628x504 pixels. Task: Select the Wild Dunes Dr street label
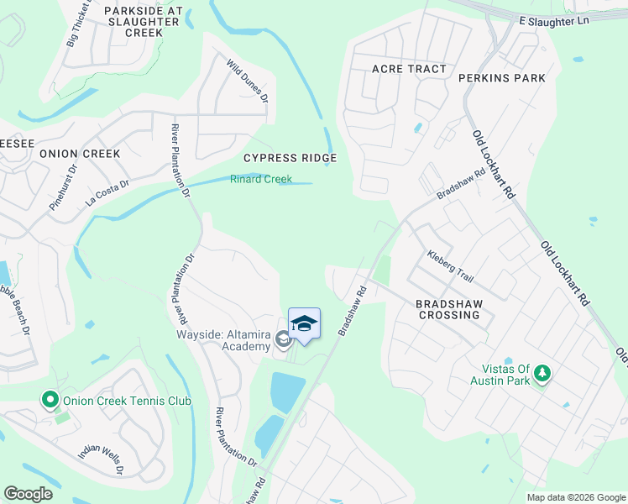(247, 80)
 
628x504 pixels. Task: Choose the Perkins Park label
(502, 78)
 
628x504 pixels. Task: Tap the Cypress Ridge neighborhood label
(290, 158)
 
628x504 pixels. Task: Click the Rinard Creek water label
(261, 179)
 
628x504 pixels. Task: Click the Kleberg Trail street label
(451, 265)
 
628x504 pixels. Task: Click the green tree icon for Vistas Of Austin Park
(542, 372)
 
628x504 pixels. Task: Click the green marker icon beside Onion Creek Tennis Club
(50, 401)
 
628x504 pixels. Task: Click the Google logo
(28, 494)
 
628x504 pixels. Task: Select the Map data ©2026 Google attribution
(575, 497)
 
